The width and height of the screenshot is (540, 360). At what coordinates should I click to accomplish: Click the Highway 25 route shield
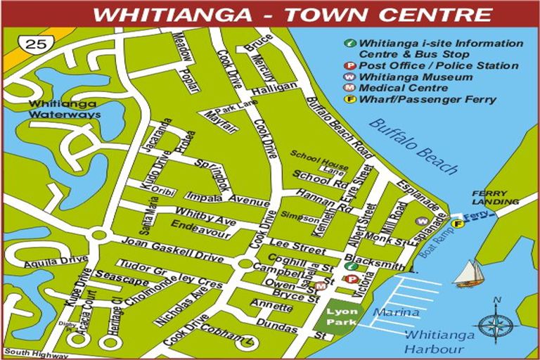(33, 44)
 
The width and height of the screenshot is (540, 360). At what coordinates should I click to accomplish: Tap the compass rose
(497, 326)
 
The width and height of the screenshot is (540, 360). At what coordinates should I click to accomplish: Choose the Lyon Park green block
(340, 315)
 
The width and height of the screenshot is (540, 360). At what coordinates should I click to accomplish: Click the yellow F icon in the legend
(349, 99)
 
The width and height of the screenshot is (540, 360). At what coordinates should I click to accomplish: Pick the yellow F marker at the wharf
(458, 224)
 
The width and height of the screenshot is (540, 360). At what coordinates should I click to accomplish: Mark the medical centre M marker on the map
(321, 285)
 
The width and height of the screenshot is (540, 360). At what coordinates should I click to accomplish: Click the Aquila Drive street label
(46, 262)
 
